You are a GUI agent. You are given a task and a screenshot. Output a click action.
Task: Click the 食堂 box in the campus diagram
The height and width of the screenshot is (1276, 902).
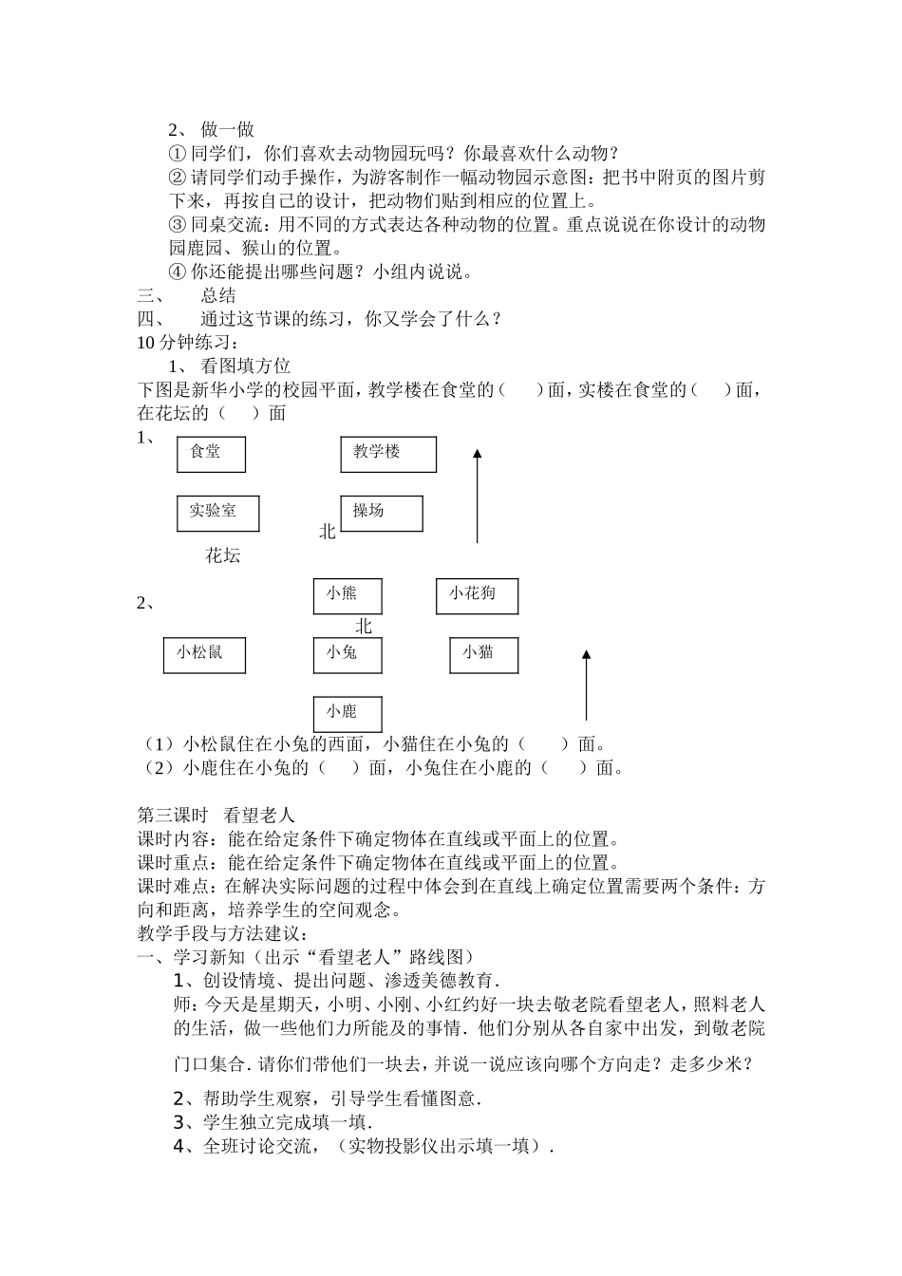click(211, 454)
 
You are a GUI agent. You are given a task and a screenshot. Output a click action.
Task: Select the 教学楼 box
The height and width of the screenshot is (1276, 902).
click(388, 454)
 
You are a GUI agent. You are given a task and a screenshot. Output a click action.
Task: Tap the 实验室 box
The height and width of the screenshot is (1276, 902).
click(217, 513)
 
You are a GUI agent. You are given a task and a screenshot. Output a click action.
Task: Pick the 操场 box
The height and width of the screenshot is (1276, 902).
click(382, 513)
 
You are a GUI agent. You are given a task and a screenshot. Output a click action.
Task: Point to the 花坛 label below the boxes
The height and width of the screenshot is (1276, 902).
click(223, 556)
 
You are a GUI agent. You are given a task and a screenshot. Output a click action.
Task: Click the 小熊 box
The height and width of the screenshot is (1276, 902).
click(348, 595)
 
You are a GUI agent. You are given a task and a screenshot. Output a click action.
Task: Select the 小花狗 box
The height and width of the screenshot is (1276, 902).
click(477, 595)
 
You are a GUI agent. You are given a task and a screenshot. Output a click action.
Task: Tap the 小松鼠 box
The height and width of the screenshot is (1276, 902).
click(204, 654)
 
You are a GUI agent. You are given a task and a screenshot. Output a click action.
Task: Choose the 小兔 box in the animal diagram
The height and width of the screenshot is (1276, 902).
click(348, 654)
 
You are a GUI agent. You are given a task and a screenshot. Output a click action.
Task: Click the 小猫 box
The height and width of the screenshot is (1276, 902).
click(484, 654)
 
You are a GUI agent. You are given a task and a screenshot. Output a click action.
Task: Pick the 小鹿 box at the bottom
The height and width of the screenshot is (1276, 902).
click(348, 713)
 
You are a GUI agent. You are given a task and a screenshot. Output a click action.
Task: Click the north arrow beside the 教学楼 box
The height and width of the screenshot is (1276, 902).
click(478, 496)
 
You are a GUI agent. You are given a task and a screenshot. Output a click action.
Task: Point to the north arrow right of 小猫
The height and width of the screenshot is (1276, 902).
click(587, 685)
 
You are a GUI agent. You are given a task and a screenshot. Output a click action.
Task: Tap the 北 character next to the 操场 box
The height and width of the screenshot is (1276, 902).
click(328, 533)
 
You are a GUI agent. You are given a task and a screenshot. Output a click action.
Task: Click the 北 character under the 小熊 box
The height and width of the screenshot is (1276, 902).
click(364, 627)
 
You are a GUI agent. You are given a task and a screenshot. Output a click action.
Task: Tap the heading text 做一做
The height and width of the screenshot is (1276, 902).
click(228, 130)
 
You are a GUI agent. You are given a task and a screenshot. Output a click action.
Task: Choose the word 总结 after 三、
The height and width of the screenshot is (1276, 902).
click(218, 295)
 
